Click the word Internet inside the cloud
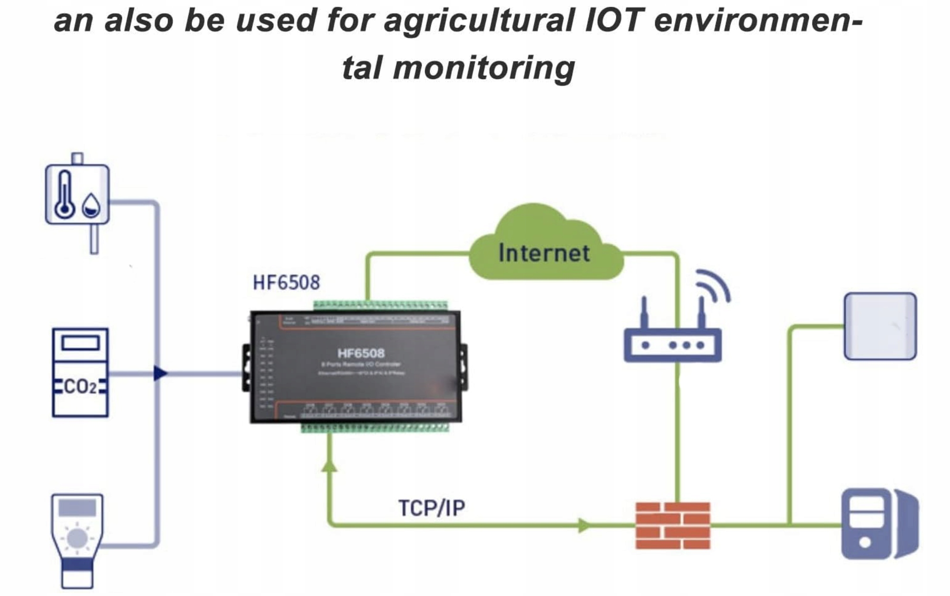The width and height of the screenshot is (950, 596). click(x=544, y=253)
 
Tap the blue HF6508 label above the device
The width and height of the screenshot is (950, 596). click(x=286, y=283)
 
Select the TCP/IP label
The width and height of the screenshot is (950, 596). click(x=432, y=508)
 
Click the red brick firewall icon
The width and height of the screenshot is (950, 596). click(x=673, y=526)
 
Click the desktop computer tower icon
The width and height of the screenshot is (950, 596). click(x=879, y=524)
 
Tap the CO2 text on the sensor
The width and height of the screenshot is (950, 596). click(x=80, y=387)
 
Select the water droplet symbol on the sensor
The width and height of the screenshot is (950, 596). click(x=91, y=205)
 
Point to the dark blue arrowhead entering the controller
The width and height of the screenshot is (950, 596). click(x=161, y=373)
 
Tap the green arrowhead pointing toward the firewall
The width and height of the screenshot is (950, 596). click(x=584, y=526)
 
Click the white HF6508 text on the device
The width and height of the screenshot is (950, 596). click(x=361, y=353)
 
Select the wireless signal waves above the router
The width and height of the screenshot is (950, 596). click(x=714, y=285)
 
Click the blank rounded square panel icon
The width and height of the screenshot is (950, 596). click(x=880, y=326)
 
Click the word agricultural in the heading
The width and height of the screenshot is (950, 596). click(x=479, y=21)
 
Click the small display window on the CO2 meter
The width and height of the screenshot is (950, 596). click(x=80, y=343)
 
